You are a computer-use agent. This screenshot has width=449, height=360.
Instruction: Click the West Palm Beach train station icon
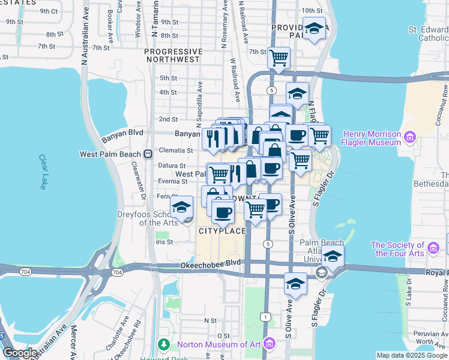(x=148, y=154)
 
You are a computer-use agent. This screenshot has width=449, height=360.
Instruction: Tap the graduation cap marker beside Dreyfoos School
(x=181, y=208)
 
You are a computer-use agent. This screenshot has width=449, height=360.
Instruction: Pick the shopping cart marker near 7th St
(x=279, y=58)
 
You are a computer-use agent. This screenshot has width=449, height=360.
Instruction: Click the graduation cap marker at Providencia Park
(x=313, y=29)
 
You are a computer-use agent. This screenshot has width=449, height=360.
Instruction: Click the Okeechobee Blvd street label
(x=204, y=265)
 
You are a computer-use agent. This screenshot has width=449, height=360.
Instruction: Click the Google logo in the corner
(x=20, y=353)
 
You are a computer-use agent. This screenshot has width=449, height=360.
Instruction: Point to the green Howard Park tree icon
(x=163, y=344)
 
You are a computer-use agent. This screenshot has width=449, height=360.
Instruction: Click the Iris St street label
(x=164, y=242)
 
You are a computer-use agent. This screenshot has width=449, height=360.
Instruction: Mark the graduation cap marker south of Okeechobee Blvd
(x=295, y=284)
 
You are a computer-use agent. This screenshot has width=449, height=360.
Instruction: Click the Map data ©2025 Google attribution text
(x=412, y=355)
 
